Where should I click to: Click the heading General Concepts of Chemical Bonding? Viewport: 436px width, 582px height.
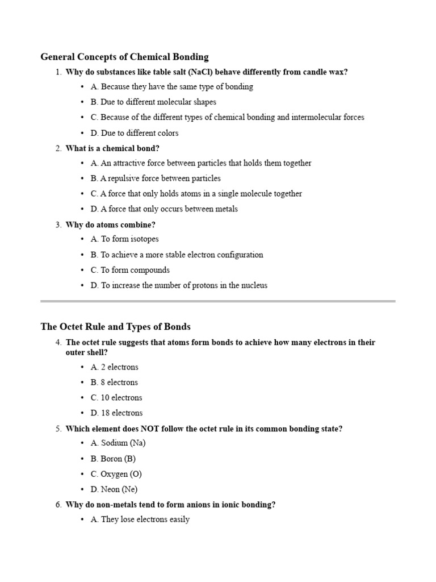(x=124, y=57)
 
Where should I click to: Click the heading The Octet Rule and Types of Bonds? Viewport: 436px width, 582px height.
(x=115, y=327)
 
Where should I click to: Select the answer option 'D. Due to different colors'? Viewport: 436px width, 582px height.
(x=134, y=133)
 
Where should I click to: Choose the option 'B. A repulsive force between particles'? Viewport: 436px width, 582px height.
(x=156, y=178)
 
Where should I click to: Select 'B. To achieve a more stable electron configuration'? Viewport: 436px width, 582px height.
(x=177, y=255)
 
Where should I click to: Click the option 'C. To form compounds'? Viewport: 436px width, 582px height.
(x=130, y=270)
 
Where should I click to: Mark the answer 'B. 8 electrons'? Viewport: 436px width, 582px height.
(x=114, y=383)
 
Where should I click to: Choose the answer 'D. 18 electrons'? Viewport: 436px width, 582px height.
(x=116, y=413)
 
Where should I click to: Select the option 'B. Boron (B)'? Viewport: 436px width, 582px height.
(x=113, y=459)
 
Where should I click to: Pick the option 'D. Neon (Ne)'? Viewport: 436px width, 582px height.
(x=114, y=489)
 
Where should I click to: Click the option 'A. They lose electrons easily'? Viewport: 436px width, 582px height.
(x=140, y=519)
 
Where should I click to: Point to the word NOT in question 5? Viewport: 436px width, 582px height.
(x=143, y=429)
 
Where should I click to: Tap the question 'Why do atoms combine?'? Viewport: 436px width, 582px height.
(x=110, y=225)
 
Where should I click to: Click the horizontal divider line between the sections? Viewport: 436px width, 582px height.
(x=218, y=301)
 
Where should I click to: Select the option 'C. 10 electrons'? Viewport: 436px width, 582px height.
(x=116, y=398)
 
